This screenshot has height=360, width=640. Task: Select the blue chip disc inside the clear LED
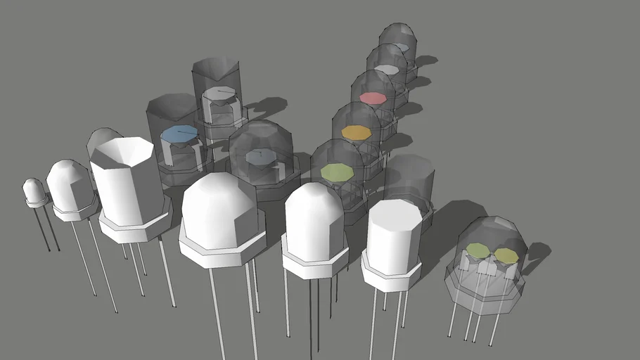179,133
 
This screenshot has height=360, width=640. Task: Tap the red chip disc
373,98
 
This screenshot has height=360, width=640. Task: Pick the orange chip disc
356,132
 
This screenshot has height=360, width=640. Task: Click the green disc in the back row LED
336,171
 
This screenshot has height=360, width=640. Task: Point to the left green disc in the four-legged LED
478,250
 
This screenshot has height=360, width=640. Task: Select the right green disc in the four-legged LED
505,254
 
